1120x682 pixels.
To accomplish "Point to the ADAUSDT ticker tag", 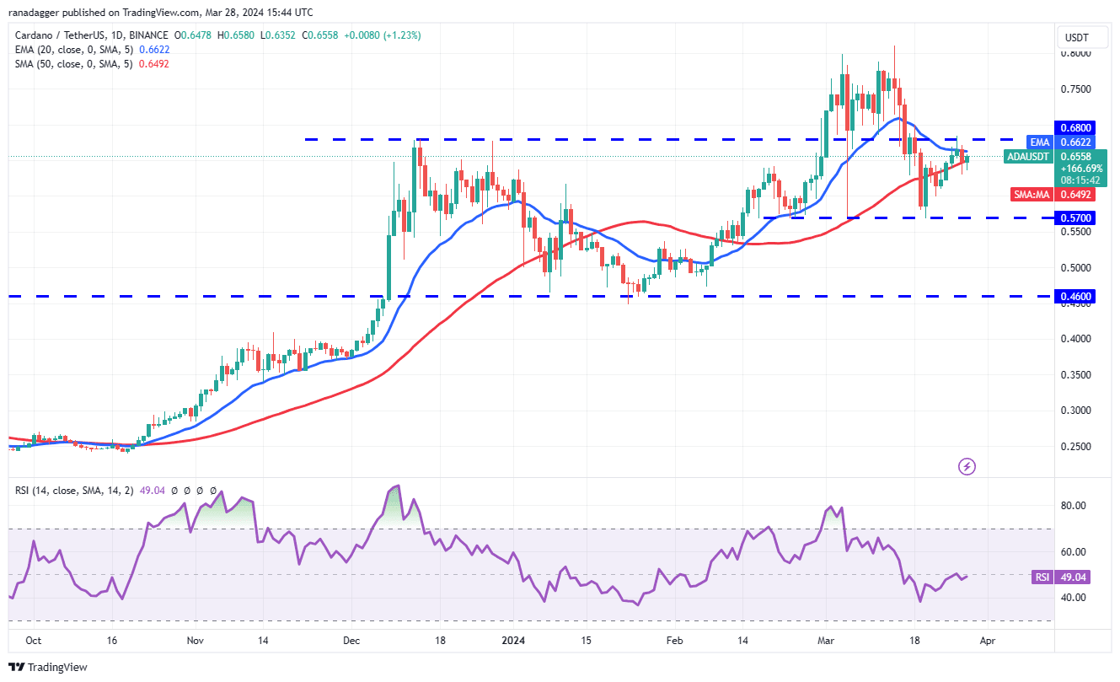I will (1027, 157).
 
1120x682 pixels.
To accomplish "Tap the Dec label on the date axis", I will (351, 641).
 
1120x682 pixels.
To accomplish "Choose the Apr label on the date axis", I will (988, 641).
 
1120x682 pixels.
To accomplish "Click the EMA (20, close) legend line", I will (72, 50).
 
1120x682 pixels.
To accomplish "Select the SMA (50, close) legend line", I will (72, 64).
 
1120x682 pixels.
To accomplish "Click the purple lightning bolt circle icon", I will (967, 466).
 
